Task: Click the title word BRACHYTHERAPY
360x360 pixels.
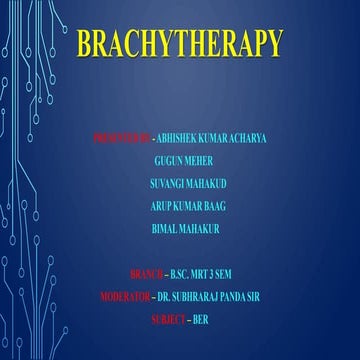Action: tap(179, 44)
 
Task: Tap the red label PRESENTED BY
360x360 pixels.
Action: tap(124, 132)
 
